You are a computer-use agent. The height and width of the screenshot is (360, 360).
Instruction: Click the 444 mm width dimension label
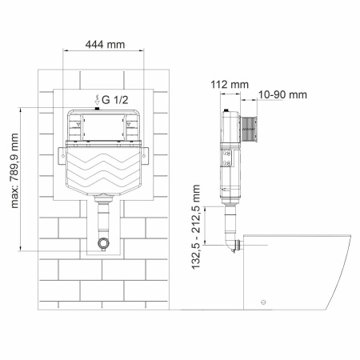coord(105,46)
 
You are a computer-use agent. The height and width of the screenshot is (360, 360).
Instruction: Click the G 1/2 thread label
coord(113,99)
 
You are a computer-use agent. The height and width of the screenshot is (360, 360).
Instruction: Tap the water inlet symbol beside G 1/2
coord(96,99)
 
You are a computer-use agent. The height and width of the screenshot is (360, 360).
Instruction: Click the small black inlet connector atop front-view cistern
coord(98,108)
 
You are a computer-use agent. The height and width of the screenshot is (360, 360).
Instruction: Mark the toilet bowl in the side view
coord(296,268)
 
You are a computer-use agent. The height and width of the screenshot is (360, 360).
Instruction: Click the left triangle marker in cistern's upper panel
coord(79,125)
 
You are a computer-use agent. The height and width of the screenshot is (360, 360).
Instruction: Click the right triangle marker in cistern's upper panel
coord(127,125)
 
